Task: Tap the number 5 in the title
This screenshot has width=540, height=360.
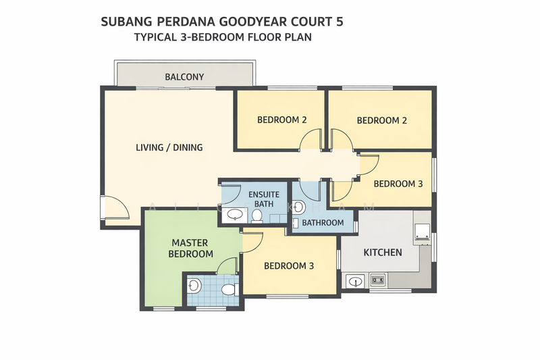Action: pos(340,21)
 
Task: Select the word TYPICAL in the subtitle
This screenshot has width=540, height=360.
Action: pos(154,37)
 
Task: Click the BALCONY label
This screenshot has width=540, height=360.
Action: pos(184,77)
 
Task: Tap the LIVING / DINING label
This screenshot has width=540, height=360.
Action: pos(169,147)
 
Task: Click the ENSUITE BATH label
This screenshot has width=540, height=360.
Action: pos(264,199)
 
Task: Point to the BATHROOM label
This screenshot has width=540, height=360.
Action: pos(323,222)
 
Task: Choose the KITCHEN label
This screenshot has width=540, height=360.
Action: pos(383,253)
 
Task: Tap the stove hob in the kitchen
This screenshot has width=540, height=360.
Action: pos(377,280)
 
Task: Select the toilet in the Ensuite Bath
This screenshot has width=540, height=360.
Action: pos(257,215)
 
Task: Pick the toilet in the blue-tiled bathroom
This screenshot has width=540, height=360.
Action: pos(228,289)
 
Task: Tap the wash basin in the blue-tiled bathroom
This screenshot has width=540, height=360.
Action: pos(194,286)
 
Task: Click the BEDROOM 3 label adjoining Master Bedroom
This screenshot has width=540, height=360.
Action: pos(289,266)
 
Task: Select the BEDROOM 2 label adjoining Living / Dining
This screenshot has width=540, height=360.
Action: pos(282,120)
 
